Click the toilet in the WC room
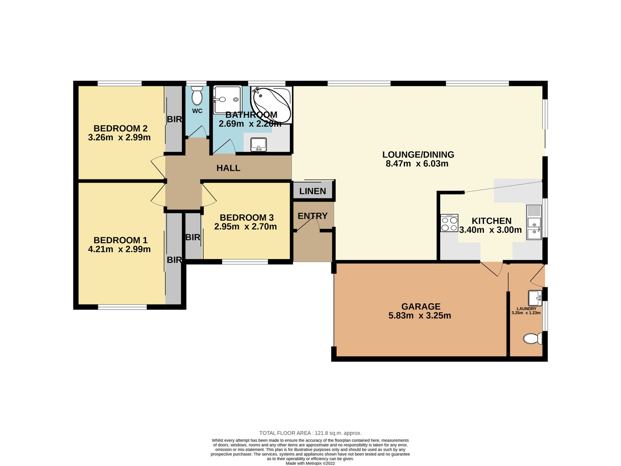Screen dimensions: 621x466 197,96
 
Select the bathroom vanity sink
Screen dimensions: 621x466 258,144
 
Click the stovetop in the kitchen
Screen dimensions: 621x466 449,223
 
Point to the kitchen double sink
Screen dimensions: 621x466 534,223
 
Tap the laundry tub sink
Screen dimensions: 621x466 535,298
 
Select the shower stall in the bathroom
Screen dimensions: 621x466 227,99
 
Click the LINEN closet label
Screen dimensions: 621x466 312,191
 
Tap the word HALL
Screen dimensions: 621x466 228,168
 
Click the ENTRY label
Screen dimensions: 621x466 312,216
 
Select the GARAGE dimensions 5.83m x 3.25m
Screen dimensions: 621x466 420,315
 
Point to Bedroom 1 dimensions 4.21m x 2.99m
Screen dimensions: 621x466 119,249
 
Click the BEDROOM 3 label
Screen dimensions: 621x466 247,217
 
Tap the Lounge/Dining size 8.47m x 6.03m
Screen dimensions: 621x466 417,163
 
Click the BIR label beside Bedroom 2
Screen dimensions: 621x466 174,119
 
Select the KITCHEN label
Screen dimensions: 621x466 491,221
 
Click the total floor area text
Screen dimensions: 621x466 310,433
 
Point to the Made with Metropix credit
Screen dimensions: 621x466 310,463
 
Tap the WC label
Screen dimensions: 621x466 197,111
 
